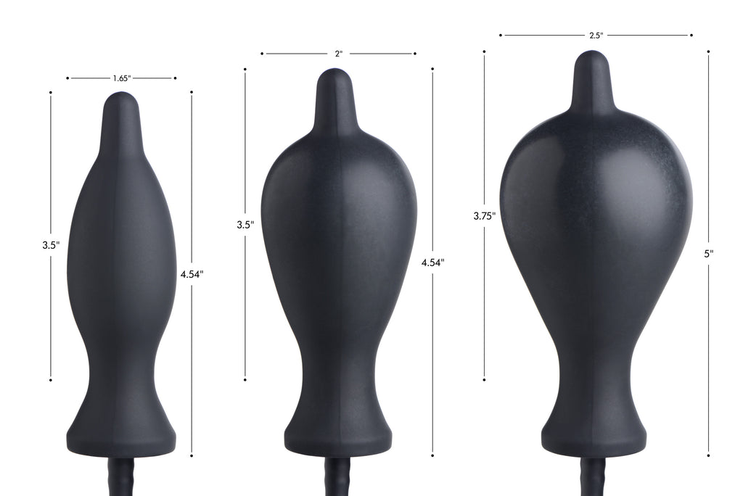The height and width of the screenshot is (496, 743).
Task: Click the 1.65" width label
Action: pyautogui.click(x=122, y=78)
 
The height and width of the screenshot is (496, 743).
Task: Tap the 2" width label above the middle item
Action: pyautogui.click(x=338, y=54)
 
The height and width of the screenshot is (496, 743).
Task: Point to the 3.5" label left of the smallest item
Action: pyautogui.click(x=51, y=245)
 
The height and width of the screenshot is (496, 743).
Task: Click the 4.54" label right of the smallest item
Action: pyautogui.click(x=192, y=274)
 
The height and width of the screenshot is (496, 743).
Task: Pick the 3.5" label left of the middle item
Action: pyautogui.click(x=245, y=225)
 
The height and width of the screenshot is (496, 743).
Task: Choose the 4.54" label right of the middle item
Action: pyautogui.click(x=432, y=263)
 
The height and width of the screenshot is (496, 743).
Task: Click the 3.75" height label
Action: pyautogui.click(x=484, y=215)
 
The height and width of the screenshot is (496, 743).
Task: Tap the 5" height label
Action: pyautogui.click(x=707, y=254)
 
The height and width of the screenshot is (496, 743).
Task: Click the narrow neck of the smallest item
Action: pyautogui.click(x=122, y=377)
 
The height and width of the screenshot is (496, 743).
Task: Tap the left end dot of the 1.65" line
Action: pyautogui.click(x=67, y=78)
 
